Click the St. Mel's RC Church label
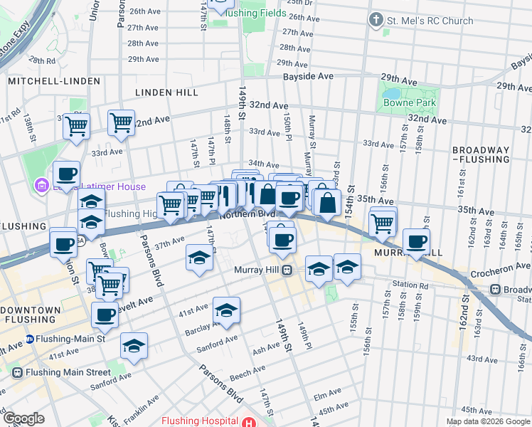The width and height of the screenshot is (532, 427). pyautogui.click(x=428, y=21)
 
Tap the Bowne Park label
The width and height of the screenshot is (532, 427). pyautogui.click(x=409, y=103)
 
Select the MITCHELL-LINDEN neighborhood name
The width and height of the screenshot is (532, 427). pyautogui.click(x=54, y=81)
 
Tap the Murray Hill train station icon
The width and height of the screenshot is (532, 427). pyautogui.click(x=288, y=270)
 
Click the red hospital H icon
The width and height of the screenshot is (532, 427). pyautogui.click(x=248, y=421)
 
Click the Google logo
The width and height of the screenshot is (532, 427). pyautogui.click(x=23, y=418)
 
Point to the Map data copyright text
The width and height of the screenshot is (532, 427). pyautogui.click(x=487, y=421)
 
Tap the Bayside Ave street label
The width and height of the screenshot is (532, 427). pyautogui.click(x=308, y=76)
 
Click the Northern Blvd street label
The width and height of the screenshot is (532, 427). pyautogui.click(x=247, y=213)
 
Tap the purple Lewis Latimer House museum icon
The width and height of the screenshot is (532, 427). pyautogui.click(x=42, y=186)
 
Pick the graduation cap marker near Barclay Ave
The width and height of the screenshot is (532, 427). pyautogui.click(x=226, y=310)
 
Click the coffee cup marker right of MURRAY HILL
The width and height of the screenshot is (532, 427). pyautogui.click(x=416, y=241)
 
